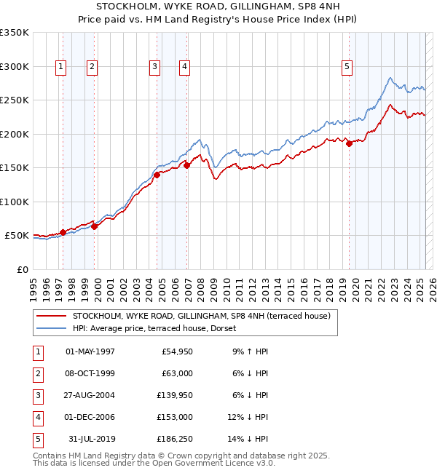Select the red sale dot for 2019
click(349, 143)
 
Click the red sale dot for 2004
click(157, 175)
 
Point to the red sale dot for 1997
click(63, 232)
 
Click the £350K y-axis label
click(15, 33)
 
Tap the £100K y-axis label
click(15, 202)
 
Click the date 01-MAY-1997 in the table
click(90, 351)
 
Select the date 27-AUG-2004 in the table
click(90, 395)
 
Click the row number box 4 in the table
click(37, 417)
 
